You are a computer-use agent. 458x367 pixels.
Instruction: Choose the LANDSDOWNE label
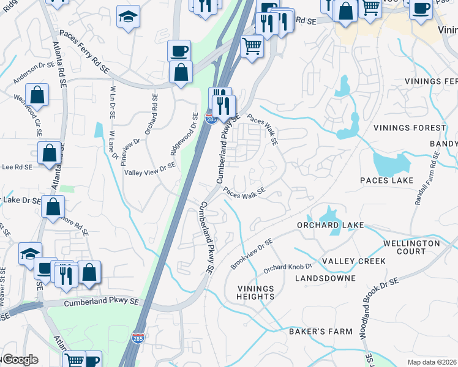pos(325,278)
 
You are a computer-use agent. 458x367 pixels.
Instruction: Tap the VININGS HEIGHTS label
pos(255,292)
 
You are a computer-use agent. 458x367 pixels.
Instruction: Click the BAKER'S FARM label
pos(321,332)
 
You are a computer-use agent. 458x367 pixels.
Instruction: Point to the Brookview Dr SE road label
pos(252,254)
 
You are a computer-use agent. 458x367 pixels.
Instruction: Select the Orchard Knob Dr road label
pos(288,268)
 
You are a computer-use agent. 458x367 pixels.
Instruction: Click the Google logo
pos(20,360)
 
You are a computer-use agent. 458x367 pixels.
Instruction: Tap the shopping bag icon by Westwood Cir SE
pos(37,95)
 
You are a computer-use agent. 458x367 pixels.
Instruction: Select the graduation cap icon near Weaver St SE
pos(29,254)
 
